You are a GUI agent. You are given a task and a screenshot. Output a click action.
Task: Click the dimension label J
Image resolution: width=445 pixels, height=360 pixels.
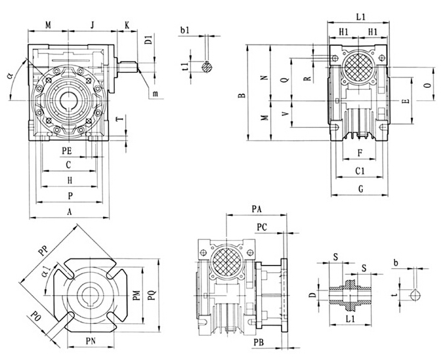point(93,25)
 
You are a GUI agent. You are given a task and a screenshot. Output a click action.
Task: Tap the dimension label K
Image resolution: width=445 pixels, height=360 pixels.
point(127,25)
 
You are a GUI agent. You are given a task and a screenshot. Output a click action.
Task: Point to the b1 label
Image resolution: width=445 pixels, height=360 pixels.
point(184,30)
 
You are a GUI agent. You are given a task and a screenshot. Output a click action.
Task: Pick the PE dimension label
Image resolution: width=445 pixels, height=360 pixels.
point(67,151)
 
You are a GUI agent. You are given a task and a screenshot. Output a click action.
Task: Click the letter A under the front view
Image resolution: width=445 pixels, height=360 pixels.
point(70,212)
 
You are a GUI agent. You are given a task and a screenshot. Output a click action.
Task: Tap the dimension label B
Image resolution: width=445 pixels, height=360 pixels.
point(242,95)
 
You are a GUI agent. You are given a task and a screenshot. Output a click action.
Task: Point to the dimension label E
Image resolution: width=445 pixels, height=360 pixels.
point(406,101)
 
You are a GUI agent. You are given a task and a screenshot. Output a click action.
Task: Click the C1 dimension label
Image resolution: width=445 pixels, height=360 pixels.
point(360,170)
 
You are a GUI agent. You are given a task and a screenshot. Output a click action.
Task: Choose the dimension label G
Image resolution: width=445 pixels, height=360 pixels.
point(361,189)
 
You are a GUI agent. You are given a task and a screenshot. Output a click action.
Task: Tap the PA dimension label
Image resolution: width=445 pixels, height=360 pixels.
point(257,209)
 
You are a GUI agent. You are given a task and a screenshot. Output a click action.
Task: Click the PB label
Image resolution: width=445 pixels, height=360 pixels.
point(259,342)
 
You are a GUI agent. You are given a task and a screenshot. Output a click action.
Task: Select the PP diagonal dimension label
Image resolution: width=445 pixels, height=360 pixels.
point(44,250)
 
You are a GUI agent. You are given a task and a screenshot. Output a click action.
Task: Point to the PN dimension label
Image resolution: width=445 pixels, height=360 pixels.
point(91,341)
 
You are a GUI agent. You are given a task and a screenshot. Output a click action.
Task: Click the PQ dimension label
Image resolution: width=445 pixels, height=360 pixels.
point(152,295)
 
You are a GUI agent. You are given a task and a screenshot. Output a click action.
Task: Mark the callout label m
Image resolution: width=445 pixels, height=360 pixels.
point(155,94)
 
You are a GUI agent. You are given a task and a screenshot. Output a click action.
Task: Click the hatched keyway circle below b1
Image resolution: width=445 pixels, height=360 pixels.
point(207,67)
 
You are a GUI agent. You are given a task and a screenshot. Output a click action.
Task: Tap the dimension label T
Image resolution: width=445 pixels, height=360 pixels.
point(121,117)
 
